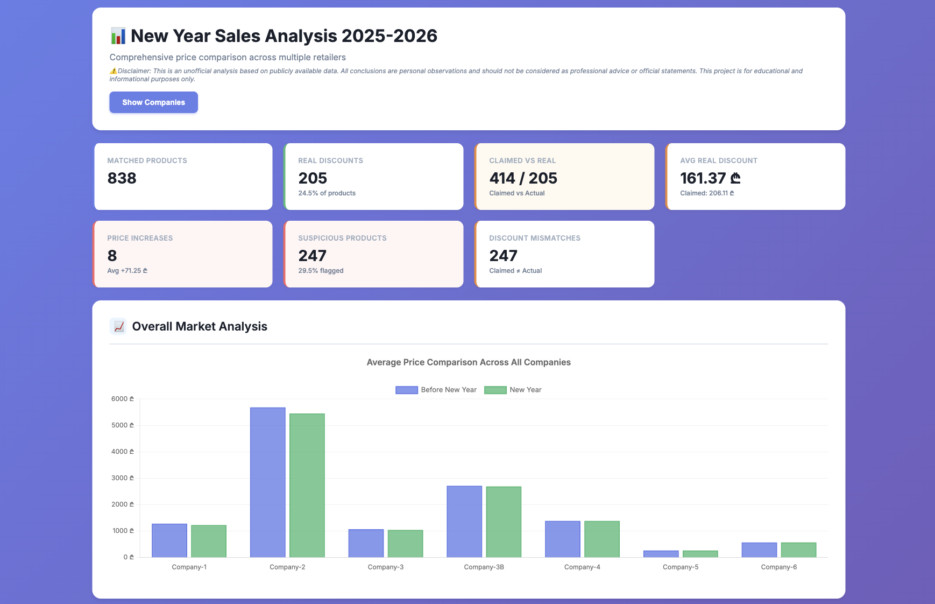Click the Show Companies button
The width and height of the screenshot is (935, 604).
click(153, 102)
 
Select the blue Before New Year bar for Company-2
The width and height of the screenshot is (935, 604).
click(267, 482)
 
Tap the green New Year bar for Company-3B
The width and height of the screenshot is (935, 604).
click(504, 521)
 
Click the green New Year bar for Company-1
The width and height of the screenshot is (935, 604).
click(209, 540)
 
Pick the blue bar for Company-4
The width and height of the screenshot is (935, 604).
click(562, 538)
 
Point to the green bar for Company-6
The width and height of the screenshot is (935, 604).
click(798, 550)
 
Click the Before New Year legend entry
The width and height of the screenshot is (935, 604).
click(436, 390)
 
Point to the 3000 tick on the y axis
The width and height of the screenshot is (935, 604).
click(122, 478)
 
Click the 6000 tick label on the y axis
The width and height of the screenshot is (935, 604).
click(122, 399)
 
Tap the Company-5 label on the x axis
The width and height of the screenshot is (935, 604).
click(681, 567)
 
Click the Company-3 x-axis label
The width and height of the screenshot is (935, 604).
click(385, 567)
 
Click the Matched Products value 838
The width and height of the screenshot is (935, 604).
click(122, 178)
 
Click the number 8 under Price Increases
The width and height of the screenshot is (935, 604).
click(112, 256)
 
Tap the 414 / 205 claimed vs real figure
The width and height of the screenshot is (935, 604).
click(523, 178)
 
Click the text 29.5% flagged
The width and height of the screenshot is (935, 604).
click(321, 271)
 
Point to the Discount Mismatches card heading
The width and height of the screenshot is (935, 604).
click(534, 238)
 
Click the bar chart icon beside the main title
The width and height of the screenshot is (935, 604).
click(118, 36)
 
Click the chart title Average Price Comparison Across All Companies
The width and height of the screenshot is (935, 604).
click(468, 362)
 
